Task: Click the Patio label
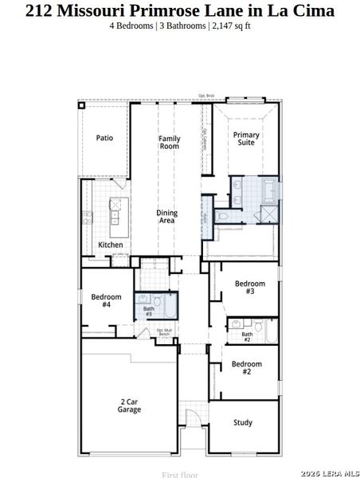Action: (x=104, y=138)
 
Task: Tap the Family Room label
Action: (x=169, y=143)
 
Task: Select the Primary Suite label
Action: (x=246, y=139)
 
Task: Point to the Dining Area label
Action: (x=166, y=217)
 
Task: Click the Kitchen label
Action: (x=110, y=245)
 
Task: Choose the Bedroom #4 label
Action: (x=106, y=300)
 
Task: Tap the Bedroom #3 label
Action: (x=249, y=288)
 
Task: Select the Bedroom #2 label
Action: (x=246, y=368)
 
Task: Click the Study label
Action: (x=243, y=422)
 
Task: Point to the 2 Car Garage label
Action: (x=129, y=406)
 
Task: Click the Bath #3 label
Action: (x=149, y=311)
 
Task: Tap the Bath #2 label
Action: (x=246, y=337)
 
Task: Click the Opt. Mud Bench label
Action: (x=164, y=331)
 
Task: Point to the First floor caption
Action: (x=179, y=474)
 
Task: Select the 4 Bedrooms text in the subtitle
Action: (x=131, y=26)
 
